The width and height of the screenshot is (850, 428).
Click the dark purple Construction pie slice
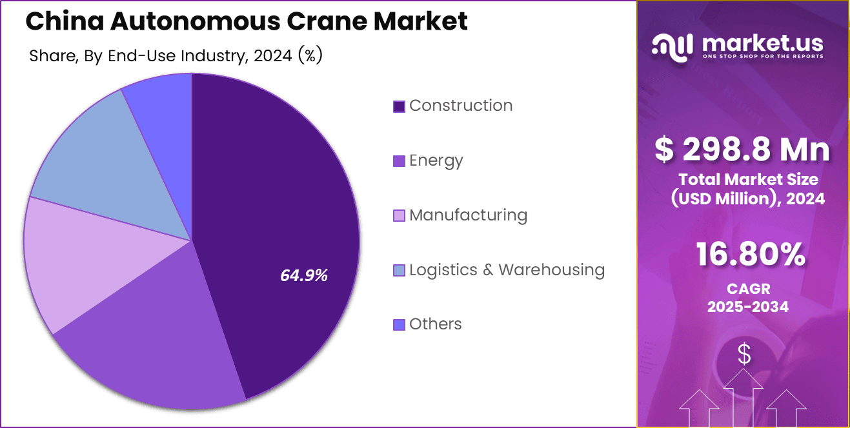click(x=284, y=213)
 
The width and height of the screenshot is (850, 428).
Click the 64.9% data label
click(x=304, y=275)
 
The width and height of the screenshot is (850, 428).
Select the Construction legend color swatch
click(x=399, y=106)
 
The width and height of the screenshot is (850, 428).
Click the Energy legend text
click(x=436, y=160)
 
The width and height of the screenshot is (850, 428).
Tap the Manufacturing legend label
click(x=468, y=215)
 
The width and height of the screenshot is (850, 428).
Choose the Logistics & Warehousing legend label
click(x=507, y=269)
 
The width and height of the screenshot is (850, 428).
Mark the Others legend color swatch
click(x=399, y=325)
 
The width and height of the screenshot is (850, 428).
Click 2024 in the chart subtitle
click(x=273, y=56)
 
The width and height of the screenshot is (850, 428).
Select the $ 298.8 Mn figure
click(x=742, y=150)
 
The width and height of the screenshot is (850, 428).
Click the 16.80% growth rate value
click(x=751, y=255)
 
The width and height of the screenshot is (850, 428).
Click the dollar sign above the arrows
click(x=744, y=354)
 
